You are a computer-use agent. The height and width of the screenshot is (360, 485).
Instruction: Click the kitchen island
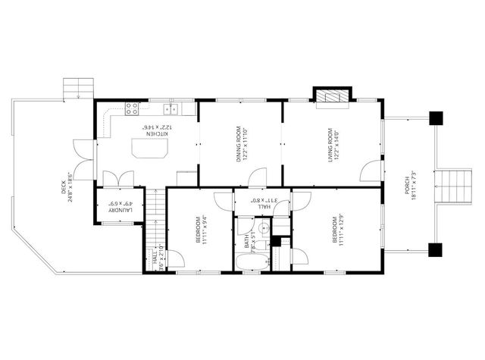click(x=149, y=150)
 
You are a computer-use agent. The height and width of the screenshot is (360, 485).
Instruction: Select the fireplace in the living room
click(x=331, y=95)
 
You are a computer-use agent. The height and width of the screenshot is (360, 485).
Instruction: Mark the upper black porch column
click(x=436, y=117)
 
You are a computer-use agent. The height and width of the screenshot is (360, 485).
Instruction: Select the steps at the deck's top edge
click(x=77, y=89)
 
